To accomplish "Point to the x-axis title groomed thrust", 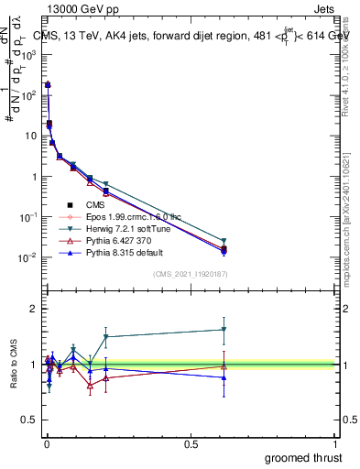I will pyautogui.click(x=305, y=457).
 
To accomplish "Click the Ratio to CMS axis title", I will pyautogui.click(x=13, y=365).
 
